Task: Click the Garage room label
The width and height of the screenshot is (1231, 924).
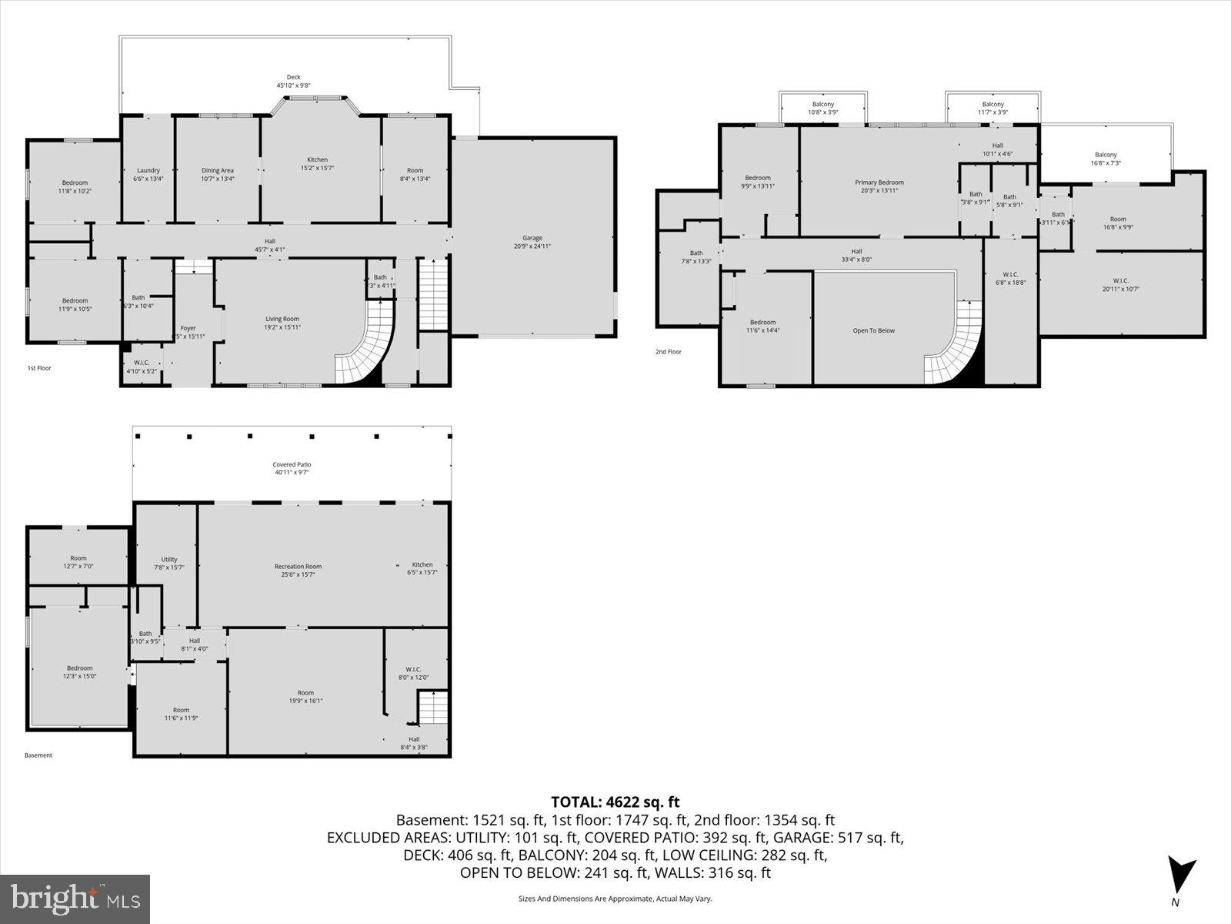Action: (532, 238)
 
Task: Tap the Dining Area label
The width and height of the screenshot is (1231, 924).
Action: (217, 170)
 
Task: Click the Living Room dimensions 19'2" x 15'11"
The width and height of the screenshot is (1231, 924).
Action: (282, 327)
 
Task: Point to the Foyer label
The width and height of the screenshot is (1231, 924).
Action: (188, 328)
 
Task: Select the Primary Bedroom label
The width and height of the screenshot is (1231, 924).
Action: (879, 182)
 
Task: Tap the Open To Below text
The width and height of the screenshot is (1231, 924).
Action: (873, 330)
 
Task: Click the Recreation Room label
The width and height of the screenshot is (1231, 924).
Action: (298, 567)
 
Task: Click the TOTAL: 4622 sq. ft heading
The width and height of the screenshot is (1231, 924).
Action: (615, 802)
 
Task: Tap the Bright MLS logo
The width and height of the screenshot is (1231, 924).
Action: (75, 897)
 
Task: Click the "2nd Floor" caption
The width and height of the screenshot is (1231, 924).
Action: (668, 352)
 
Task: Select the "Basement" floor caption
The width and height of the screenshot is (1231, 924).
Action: (38, 755)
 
